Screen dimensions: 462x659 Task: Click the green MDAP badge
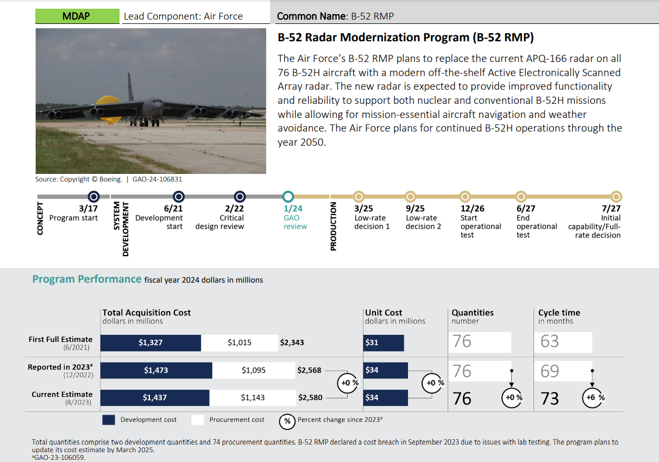click(77, 16)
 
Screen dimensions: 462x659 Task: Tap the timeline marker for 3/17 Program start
click(93, 196)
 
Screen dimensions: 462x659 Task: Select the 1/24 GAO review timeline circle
click(288, 196)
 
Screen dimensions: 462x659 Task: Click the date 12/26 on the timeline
click(472, 209)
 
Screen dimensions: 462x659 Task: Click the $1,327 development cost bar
click(150, 343)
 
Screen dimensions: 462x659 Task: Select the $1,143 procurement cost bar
click(253, 398)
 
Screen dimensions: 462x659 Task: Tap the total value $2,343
click(292, 343)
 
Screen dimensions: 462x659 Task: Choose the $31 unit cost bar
click(384, 343)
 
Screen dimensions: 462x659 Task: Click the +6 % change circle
click(593, 398)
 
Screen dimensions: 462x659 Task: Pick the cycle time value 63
click(550, 342)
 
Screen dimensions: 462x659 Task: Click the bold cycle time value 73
click(550, 398)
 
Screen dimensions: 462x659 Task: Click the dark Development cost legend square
click(109, 420)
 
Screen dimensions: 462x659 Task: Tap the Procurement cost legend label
click(237, 420)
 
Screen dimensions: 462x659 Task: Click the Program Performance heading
click(87, 279)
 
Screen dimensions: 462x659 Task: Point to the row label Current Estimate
click(62, 395)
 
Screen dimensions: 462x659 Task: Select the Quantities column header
click(473, 313)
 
